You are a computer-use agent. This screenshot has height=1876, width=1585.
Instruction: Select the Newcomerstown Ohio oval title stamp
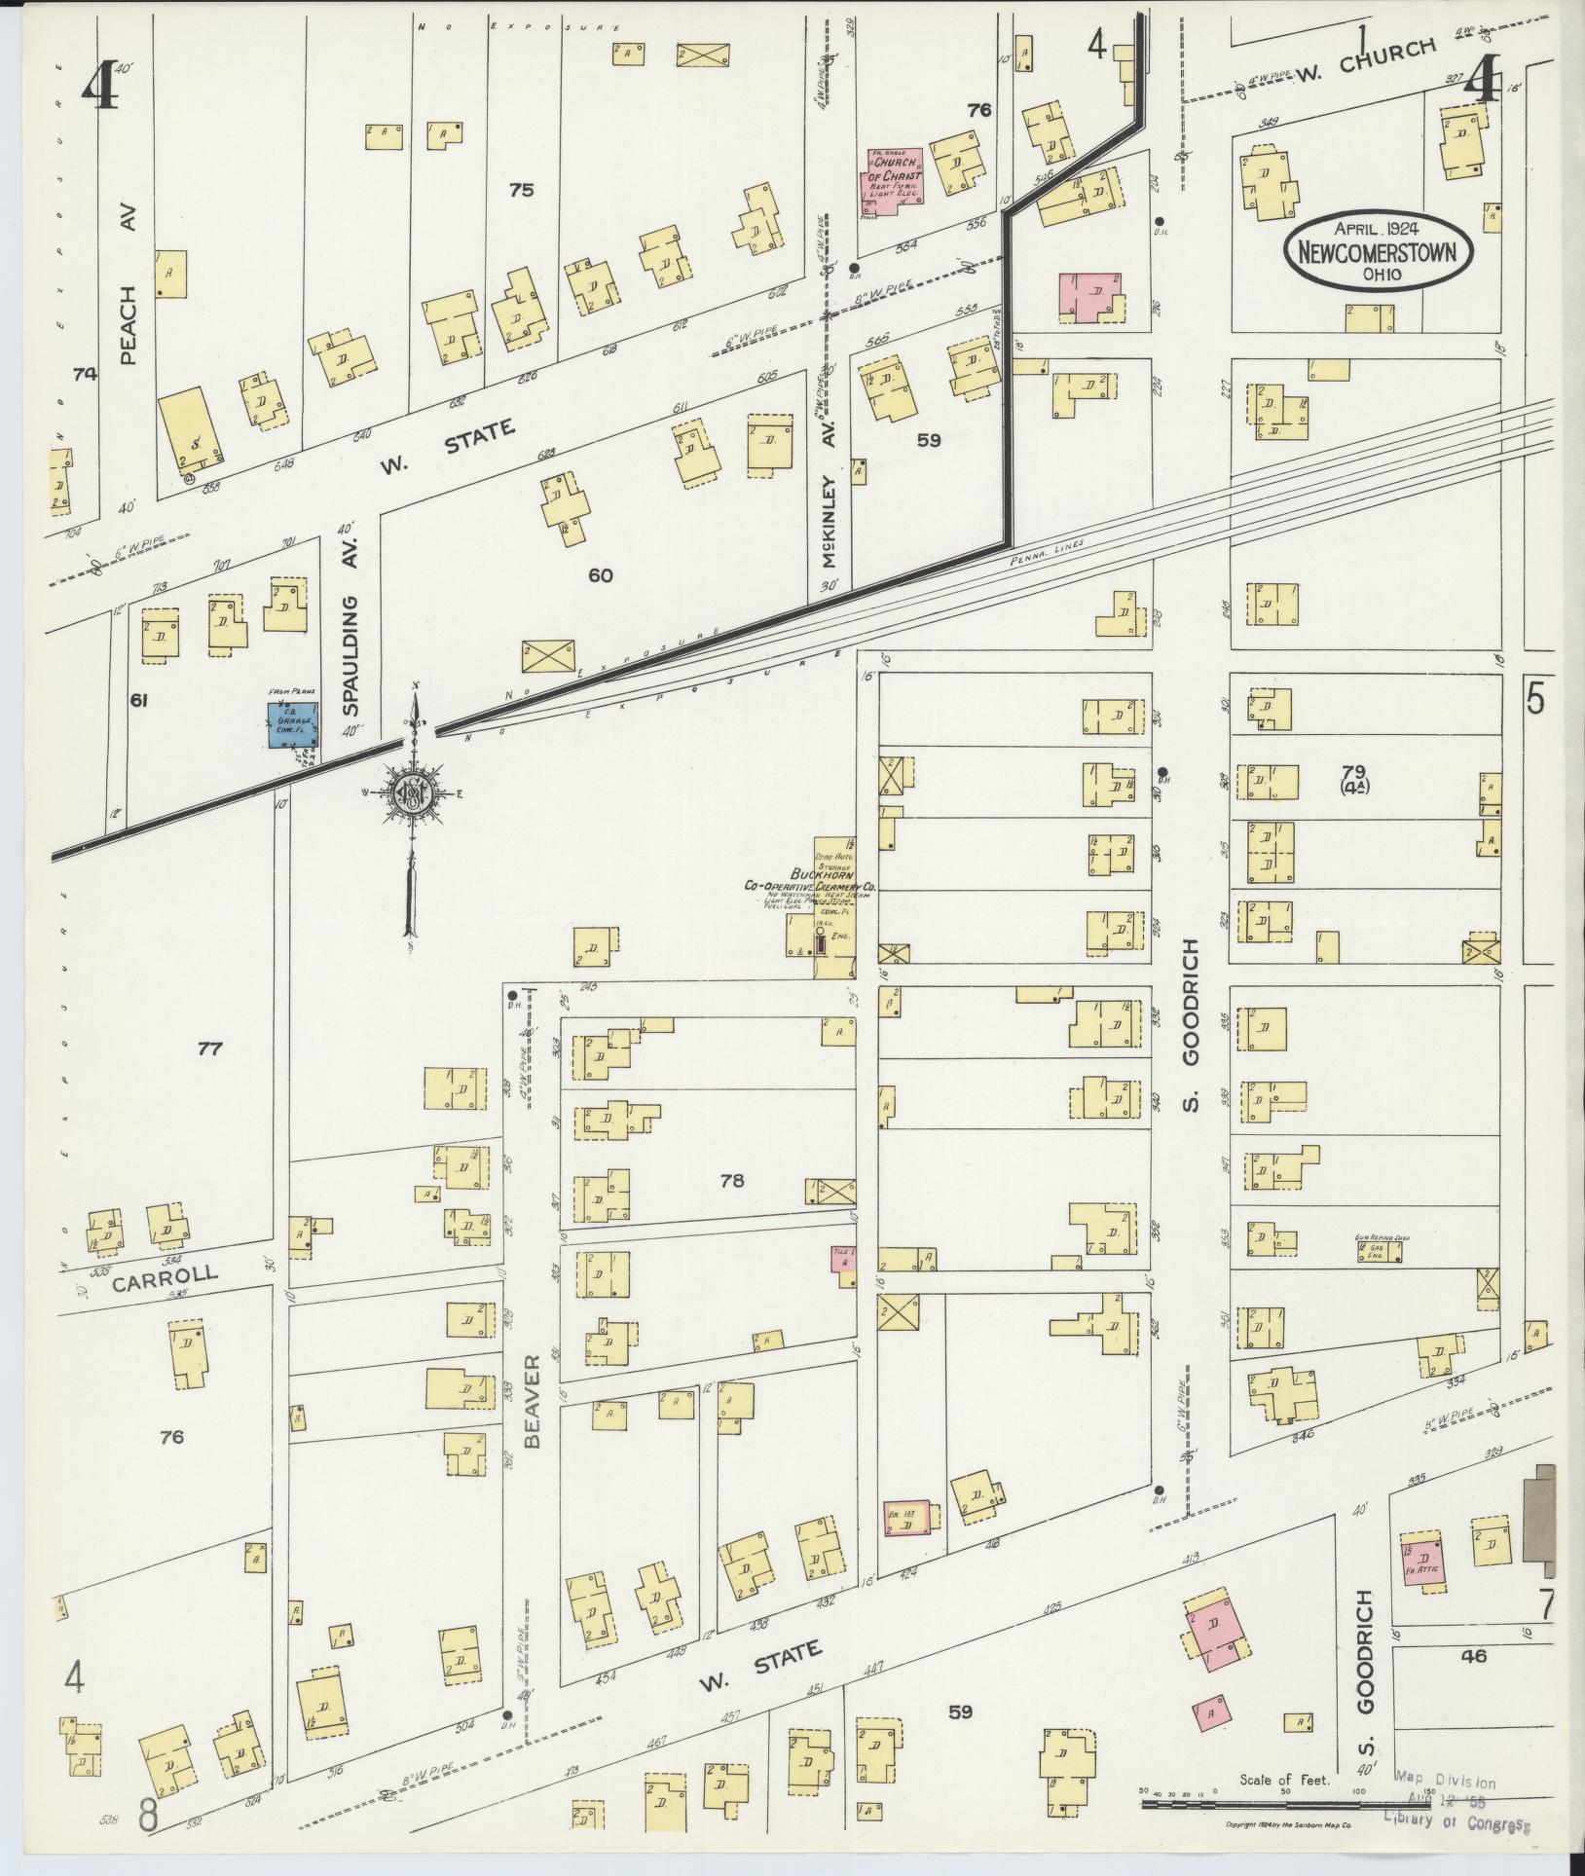1377,252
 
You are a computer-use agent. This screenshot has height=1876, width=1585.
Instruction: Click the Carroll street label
166,1278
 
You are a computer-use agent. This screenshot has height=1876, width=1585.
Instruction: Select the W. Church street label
1366,61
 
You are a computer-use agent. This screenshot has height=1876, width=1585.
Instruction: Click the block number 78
731,1181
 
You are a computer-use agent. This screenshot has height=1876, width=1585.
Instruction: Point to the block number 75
521,190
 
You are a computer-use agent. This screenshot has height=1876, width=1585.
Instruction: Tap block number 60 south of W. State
600,575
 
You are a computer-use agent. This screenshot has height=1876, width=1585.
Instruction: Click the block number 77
210,1048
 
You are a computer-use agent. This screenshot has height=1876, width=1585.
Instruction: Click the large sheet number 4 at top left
100,90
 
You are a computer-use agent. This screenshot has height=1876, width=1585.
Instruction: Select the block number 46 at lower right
1474,1654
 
